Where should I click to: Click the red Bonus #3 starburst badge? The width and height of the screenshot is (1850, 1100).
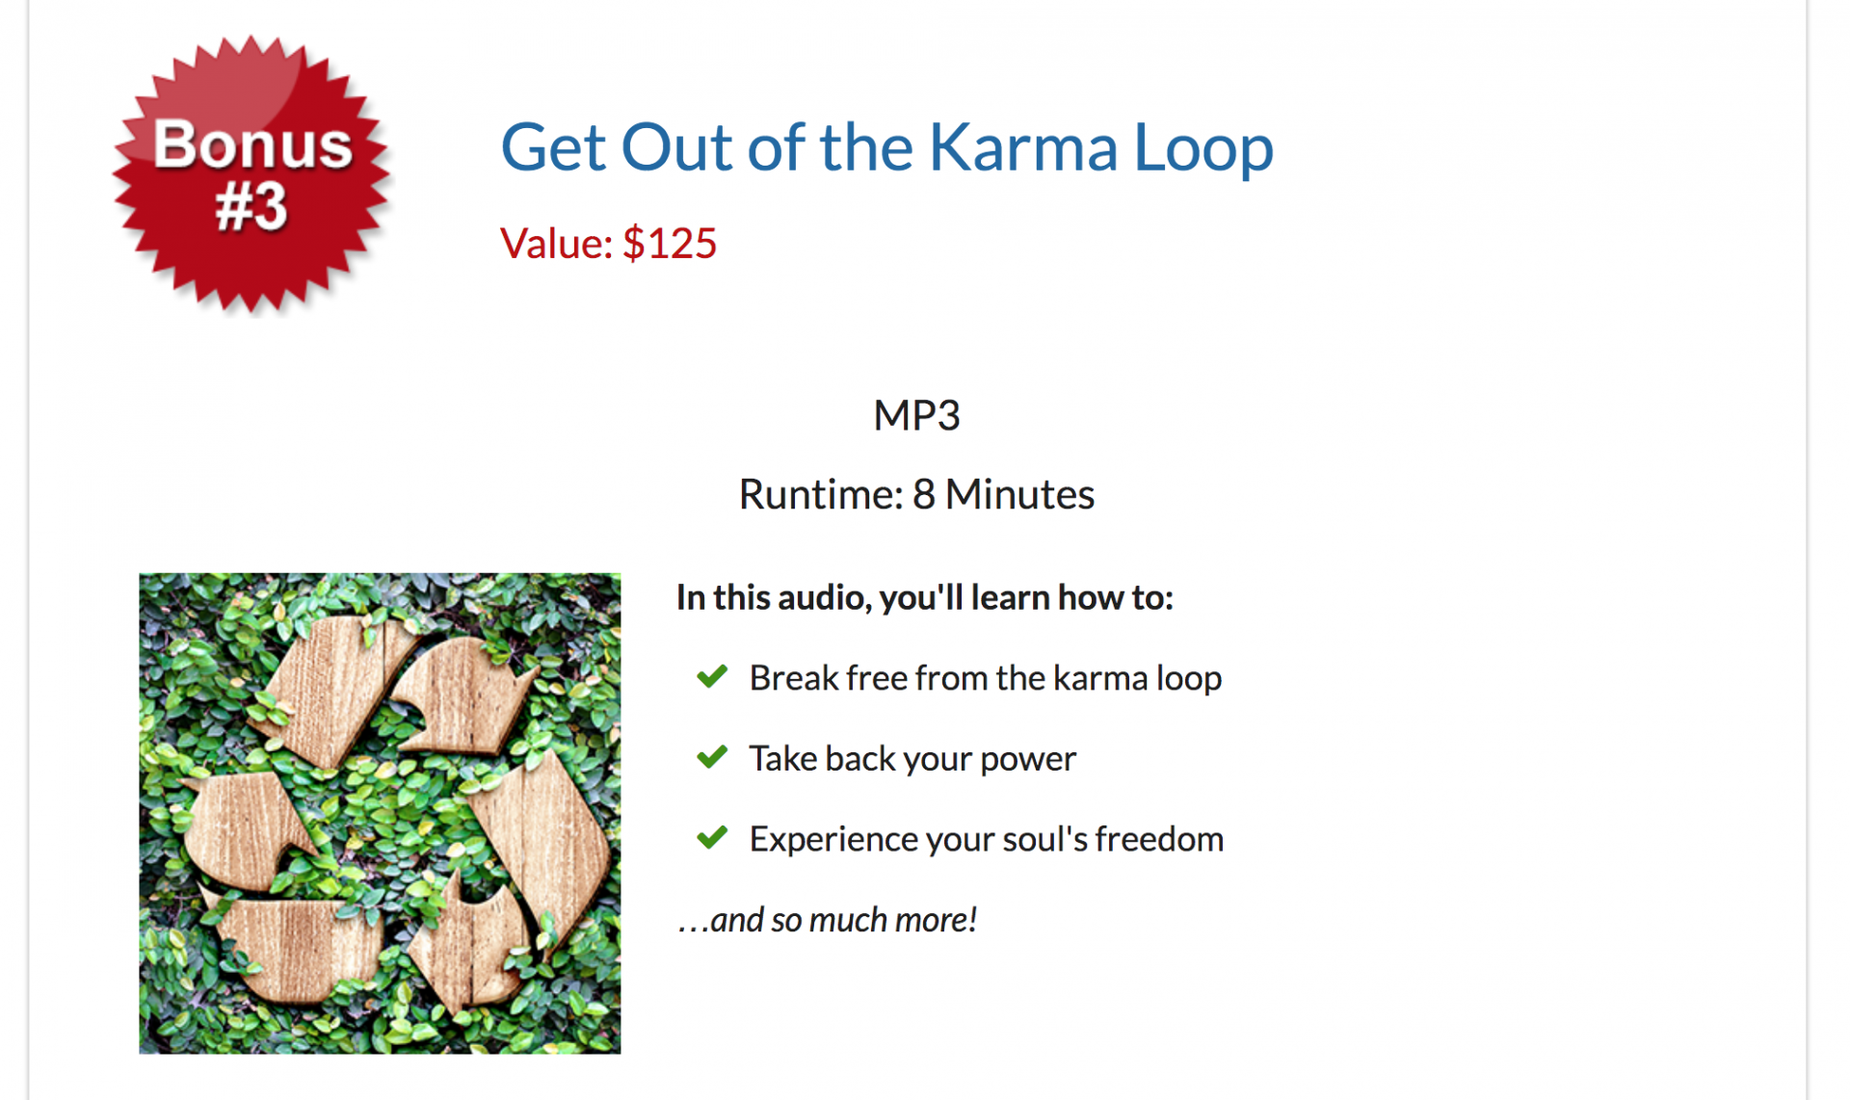pos(252,173)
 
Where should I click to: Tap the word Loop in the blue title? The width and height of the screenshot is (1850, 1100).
pos(1203,149)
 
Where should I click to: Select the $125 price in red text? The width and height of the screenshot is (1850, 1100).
pos(670,243)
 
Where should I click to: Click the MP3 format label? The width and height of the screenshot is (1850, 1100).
pos(916,415)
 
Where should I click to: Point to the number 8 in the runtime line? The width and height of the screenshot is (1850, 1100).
pos(923,494)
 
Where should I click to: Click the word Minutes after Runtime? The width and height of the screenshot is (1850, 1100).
pos(1019,494)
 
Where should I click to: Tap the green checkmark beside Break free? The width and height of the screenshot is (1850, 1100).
pos(712,676)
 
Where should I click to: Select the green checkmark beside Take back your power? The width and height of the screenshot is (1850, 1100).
pos(712,757)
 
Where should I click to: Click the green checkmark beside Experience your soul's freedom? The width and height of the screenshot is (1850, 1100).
pos(712,837)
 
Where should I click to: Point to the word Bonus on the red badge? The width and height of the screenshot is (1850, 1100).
pos(252,144)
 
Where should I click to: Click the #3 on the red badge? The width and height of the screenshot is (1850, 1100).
pos(251,206)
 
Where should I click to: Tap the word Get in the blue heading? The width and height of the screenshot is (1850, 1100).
pos(554,148)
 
